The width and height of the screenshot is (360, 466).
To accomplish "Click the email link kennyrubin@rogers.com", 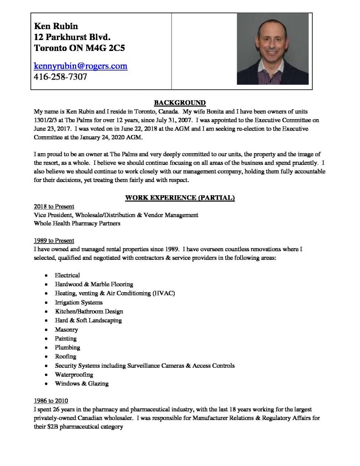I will click(x=81, y=66).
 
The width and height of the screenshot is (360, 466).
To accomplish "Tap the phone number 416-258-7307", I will click(x=61, y=77).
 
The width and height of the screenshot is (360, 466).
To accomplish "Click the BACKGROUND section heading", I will click(x=180, y=103).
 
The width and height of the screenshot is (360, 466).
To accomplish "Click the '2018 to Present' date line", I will click(x=54, y=206).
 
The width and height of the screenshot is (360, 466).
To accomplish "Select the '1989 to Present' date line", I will click(x=54, y=240).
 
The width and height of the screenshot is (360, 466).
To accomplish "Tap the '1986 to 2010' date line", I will click(x=51, y=400).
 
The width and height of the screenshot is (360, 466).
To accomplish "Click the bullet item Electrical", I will click(x=67, y=275).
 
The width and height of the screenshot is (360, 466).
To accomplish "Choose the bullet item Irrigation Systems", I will click(x=79, y=302).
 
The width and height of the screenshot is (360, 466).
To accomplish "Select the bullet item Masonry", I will click(x=66, y=329).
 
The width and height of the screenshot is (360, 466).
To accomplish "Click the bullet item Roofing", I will click(x=66, y=356).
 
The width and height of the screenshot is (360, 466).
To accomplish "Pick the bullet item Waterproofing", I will click(x=74, y=375).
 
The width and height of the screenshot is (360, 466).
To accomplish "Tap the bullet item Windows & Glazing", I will click(x=82, y=384).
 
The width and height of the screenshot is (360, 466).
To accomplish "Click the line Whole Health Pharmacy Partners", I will click(x=77, y=223).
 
